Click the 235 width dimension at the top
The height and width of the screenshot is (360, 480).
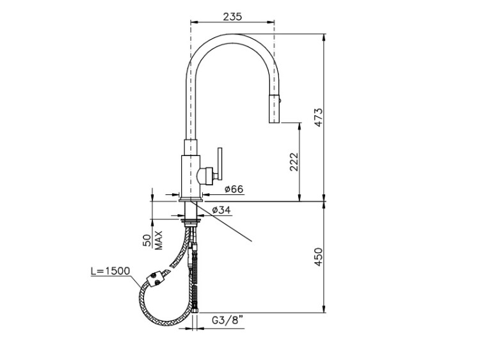pos(232,16)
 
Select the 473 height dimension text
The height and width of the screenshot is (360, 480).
pos(318,118)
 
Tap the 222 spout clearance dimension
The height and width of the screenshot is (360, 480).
pos(294,162)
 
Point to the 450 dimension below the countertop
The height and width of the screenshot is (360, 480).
pos(318,257)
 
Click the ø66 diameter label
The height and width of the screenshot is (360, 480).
pos(234,189)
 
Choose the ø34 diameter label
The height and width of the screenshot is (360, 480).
pos(221,210)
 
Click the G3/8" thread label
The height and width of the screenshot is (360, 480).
pos(228,320)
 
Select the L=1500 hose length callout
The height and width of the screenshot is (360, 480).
pos(111,270)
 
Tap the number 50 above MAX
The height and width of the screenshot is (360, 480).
pos(147,240)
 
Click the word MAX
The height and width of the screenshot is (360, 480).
pos(158,240)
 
